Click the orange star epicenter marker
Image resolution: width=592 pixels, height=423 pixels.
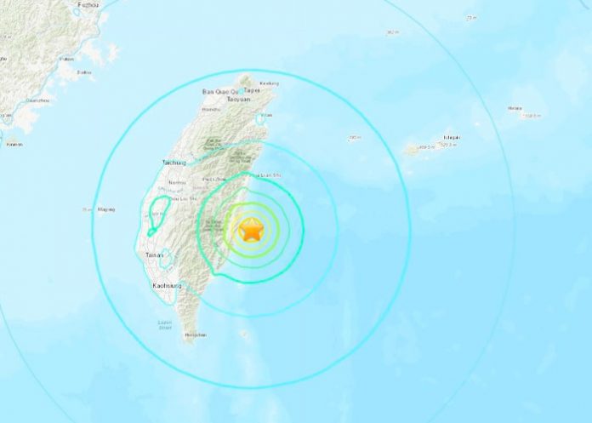[252, 229]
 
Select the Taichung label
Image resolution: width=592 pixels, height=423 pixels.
[174, 162]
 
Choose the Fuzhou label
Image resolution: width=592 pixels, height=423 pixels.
[87, 4]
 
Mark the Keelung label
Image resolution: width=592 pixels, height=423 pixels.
[269, 83]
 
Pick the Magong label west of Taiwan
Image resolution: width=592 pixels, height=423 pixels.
[106, 209]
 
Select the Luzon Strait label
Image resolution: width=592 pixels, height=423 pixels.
[166, 324]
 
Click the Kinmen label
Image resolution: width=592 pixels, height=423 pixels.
[14, 144]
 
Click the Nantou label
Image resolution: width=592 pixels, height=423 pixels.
[178, 182]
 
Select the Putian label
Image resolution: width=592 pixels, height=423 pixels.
[66, 59]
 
